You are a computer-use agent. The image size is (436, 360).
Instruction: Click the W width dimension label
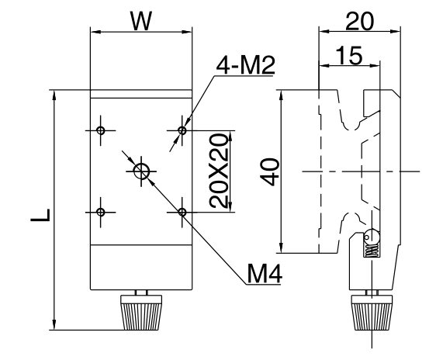pos(141,21)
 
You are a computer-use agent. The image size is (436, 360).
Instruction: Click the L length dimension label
pos(40,215)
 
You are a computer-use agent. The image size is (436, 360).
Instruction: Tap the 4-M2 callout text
pos(245,66)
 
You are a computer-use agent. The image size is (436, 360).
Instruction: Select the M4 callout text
pos(265,274)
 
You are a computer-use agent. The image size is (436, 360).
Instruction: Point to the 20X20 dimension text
pos(219,171)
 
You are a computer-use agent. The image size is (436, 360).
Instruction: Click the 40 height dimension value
pos(271,172)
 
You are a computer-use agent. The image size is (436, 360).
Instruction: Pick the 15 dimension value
pos(349,56)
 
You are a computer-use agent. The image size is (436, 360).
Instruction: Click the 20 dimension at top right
pos(359,22)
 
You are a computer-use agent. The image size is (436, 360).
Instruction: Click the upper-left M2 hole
pos(100,130)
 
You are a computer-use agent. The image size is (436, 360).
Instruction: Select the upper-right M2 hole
pos(182,130)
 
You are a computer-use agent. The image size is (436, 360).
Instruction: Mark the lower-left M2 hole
pos(101,212)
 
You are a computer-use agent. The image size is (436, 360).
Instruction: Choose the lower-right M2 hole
pos(182,212)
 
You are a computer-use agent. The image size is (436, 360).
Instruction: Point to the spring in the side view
pos(372,251)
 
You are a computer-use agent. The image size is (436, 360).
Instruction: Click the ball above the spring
pos(372,237)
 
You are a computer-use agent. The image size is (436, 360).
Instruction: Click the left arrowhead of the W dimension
pos(95,32)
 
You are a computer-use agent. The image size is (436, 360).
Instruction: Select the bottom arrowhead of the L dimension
pos(54,324)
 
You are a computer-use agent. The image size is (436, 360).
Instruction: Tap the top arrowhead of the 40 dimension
pos(282,95)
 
